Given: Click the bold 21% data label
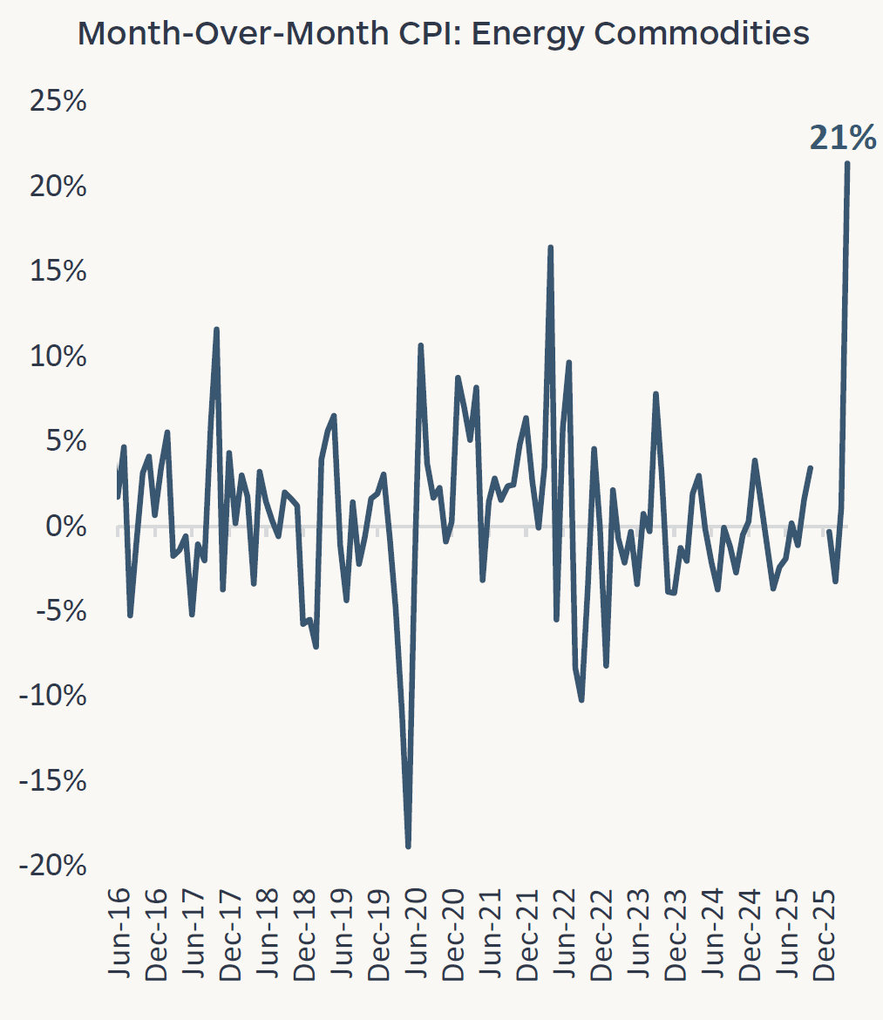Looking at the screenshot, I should click(x=842, y=138).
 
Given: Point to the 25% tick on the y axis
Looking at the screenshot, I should click(x=58, y=101).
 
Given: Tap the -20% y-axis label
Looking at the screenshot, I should click(x=52, y=866).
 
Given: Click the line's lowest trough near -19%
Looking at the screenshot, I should click(x=408, y=846).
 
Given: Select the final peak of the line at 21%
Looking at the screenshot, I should click(x=846, y=164).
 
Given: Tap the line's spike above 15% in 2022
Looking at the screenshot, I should click(x=550, y=248).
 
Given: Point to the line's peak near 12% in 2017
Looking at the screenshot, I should click(x=216, y=330).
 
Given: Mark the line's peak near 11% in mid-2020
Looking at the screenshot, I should click(x=420, y=345).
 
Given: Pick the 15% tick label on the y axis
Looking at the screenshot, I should click(x=58, y=271).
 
